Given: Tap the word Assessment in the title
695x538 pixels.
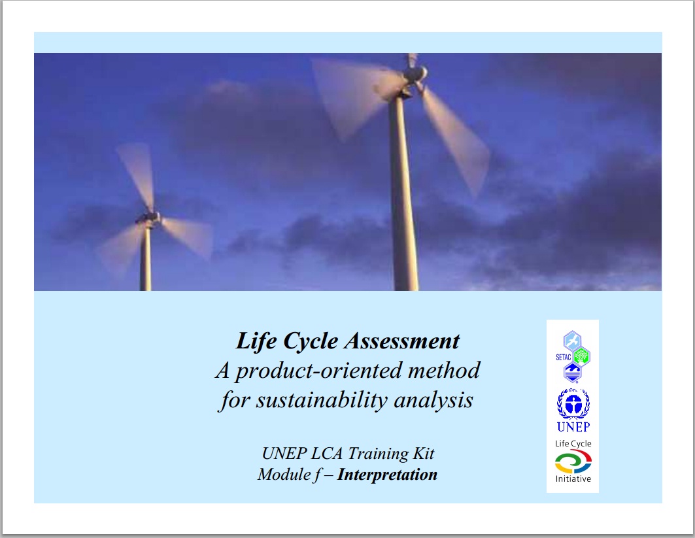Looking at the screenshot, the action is [x=403, y=341].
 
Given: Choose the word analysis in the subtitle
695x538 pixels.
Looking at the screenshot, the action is [x=433, y=401].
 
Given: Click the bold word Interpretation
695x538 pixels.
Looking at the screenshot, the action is [x=388, y=475].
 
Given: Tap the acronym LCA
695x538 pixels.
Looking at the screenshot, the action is [x=327, y=454].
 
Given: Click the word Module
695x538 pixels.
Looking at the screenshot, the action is [x=284, y=475].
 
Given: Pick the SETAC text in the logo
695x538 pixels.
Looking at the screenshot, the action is [x=564, y=357].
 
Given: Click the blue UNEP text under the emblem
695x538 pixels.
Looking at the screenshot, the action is [x=573, y=427].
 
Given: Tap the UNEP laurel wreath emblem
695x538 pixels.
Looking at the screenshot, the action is [x=573, y=403].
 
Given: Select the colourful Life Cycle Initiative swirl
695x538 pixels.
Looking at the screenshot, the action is [x=573, y=462].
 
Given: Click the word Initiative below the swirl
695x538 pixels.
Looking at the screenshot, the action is [x=573, y=479].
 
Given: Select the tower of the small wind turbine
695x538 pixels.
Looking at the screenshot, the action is [x=145, y=257].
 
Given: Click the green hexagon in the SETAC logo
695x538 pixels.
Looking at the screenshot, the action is [x=581, y=356].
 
